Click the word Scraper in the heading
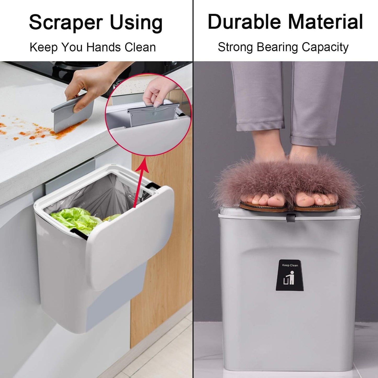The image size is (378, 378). coord(66,22)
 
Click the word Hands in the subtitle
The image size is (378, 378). coord(104,47)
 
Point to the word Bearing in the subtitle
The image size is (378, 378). coord(277,47)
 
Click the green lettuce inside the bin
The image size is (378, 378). coord(76,220)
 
